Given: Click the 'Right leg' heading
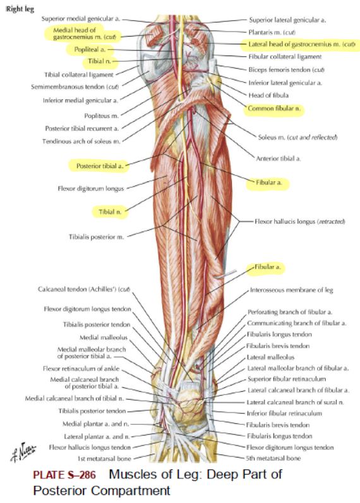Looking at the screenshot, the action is pyautogui.click(x=20, y=9).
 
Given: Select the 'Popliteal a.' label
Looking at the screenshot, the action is pyautogui.click(x=90, y=49).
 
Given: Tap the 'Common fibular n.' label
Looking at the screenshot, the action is pyautogui.click(x=274, y=109).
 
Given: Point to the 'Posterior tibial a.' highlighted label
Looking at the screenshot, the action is pyautogui.click(x=100, y=166).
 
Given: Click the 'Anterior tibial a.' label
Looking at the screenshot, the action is pyautogui.click(x=279, y=158).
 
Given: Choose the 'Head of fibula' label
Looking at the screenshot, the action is pyautogui.click(x=268, y=95).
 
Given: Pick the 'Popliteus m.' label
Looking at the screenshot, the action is pyautogui.click(x=102, y=116).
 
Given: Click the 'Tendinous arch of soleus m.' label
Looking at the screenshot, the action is pyautogui.click(x=81, y=141).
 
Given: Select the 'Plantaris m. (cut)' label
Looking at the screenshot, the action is pyautogui.click(x=272, y=32).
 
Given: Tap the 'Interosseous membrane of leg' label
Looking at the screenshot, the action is pyautogui.click(x=291, y=290).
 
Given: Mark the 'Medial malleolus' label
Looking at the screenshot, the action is pyautogui.click(x=104, y=337).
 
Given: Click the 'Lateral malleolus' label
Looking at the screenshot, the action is pyautogui.click(x=270, y=357).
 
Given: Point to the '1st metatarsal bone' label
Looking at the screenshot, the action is pyautogui.click(x=104, y=458).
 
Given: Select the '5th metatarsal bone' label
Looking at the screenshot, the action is pyautogui.click(x=273, y=458).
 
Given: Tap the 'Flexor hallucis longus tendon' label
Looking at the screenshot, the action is pyautogui.click(x=90, y=447).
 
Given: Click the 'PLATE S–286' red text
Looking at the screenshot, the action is pyautogui.click(x=64, y=475).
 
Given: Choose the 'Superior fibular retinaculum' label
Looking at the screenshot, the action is pyautogui.click(x=287, y=379).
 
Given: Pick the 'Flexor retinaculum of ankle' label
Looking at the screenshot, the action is pyautogui.click(x=81, y=368).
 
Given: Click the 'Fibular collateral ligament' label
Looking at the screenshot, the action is pyautogui.click(x=285, y=57).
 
